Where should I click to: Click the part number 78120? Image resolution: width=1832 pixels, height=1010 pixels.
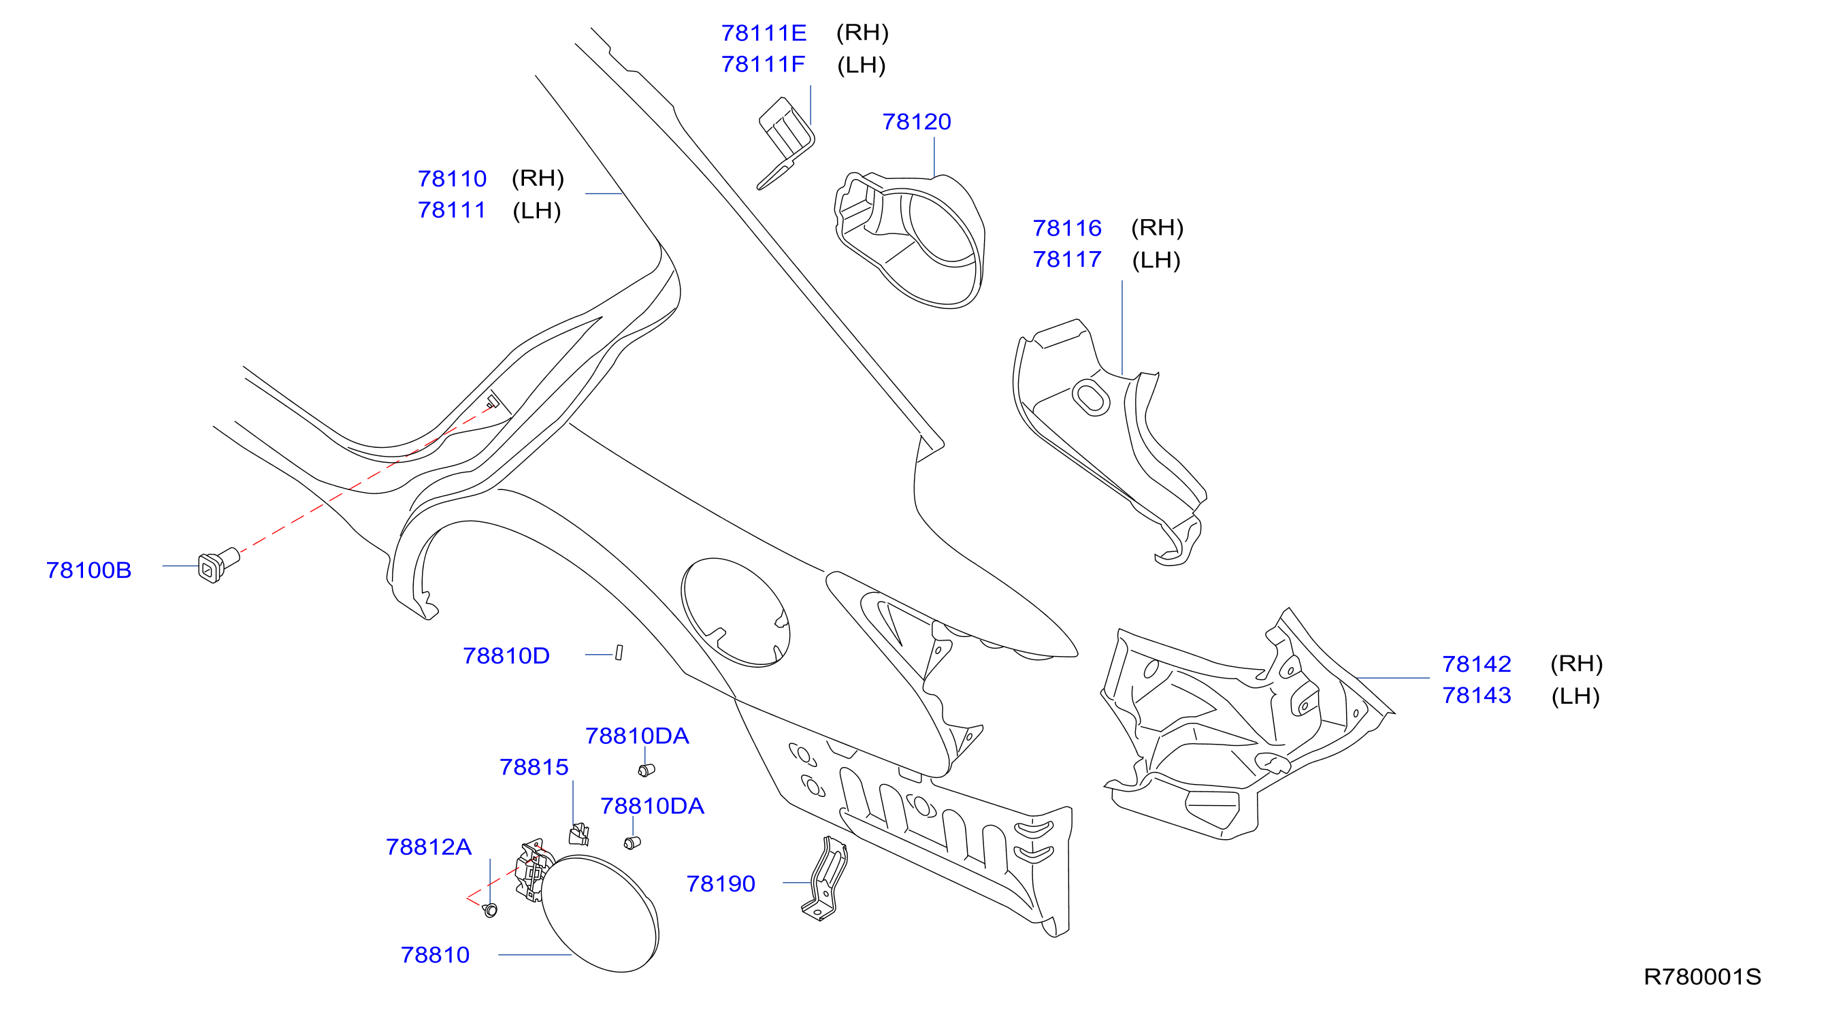916,122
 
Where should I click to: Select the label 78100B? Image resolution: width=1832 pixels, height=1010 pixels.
89,570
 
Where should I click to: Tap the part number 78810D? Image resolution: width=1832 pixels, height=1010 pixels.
506,656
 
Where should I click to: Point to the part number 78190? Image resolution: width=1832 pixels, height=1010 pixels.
721,883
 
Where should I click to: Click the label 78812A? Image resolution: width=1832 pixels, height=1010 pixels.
429,847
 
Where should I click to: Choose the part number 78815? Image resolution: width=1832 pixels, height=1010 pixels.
534,768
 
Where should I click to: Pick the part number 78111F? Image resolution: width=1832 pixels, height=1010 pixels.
763,64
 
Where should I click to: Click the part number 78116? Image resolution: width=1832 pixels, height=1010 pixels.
1067,228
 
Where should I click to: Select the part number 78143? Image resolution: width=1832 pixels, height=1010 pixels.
1476,696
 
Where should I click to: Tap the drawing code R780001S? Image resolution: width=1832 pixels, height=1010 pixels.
1702,977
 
